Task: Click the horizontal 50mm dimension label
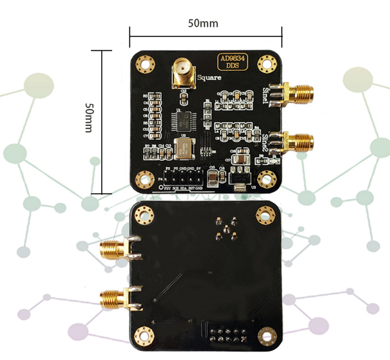pyautogui.click(x=204, y=23)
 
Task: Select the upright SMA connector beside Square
pyautogui.click(x=182, y=75)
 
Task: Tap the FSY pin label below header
pyautogui.click(x=168, y=188)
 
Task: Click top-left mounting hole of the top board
pyautogui.click(x=145, y=63)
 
